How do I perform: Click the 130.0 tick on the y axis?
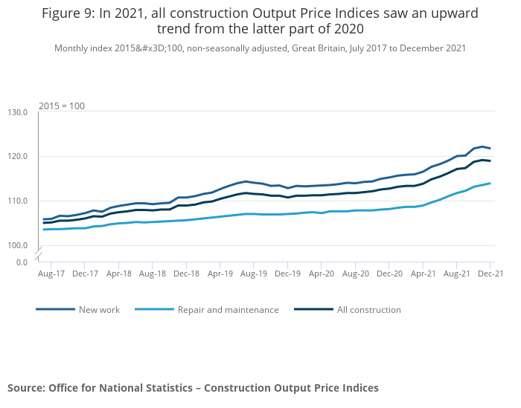[x=18, y=112]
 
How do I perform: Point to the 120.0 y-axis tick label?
[x=18, y=157]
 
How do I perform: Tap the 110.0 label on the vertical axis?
[x=18, y=201]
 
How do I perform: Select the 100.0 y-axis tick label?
[x=18, y=245]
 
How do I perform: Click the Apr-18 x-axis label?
[x=118, y=274]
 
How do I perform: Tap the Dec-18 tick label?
[x=186, y=274]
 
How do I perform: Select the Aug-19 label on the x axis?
[x=254, y=274]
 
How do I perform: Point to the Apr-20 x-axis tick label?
[x=322, y=274]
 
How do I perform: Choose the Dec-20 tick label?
[x=389, y=274]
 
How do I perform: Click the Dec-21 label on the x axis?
[x=490, y=274]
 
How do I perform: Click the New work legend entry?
[x=99, y=310]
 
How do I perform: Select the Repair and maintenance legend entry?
[x=228, y=310]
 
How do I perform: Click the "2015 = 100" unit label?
[x=62, y=106]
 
